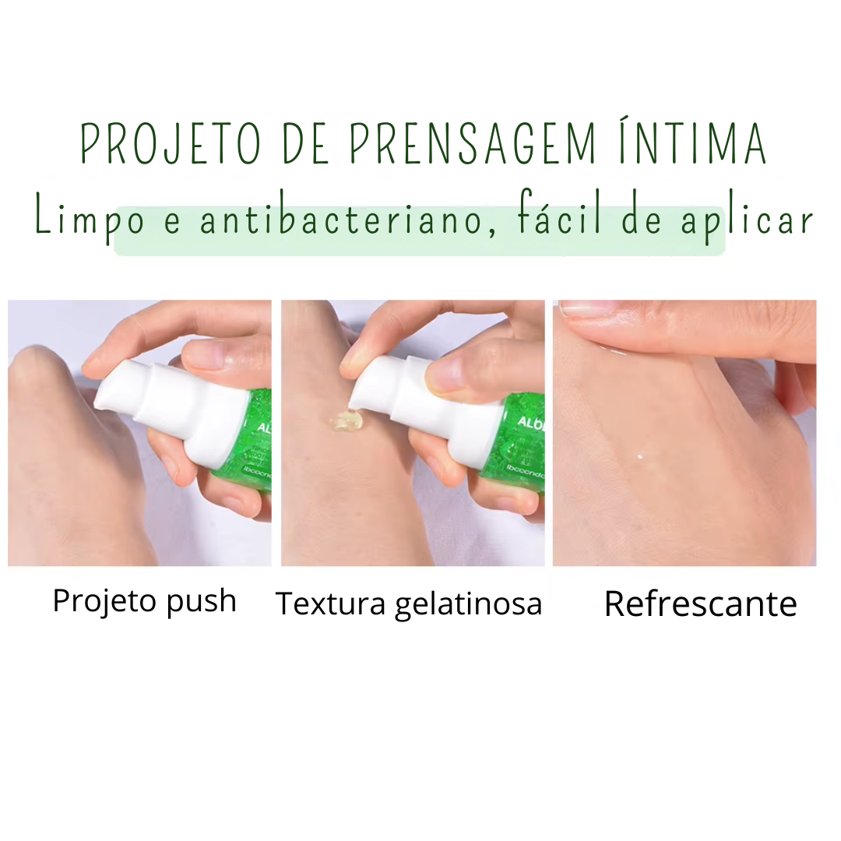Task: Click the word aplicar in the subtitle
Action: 748,220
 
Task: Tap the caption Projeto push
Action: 144,602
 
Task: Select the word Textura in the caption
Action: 331,603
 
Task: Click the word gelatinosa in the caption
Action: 468,605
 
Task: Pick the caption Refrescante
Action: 700,604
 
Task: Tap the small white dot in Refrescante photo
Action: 639,457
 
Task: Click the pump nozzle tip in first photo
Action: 101,401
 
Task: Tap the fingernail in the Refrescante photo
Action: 584,309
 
